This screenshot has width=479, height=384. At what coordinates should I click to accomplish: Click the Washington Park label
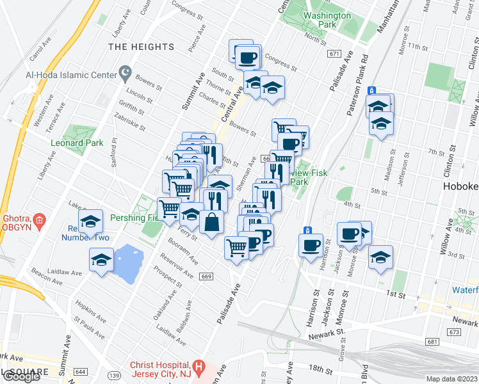coord(327,20)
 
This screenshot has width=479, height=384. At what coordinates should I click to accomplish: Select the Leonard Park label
coord(77,143)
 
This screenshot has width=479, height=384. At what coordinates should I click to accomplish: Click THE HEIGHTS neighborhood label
coord(141,47)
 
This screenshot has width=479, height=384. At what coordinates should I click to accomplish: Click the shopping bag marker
coord(211,223)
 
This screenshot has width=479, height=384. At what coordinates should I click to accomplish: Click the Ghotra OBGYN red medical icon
coord(39,221)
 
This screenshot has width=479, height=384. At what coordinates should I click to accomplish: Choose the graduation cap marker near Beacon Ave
coord(101,261)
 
